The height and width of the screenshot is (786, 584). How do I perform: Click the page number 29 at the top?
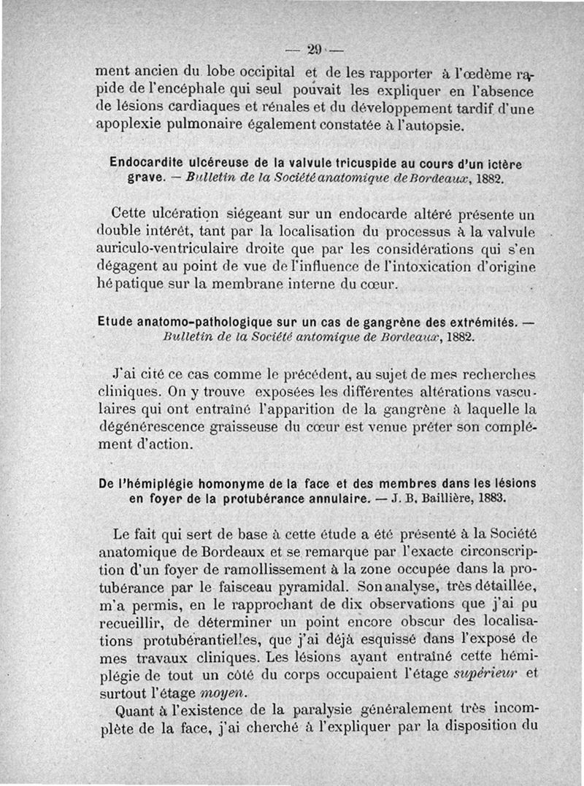315,50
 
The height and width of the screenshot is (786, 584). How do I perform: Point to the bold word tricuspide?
353,161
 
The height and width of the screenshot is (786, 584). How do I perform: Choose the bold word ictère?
512,161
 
